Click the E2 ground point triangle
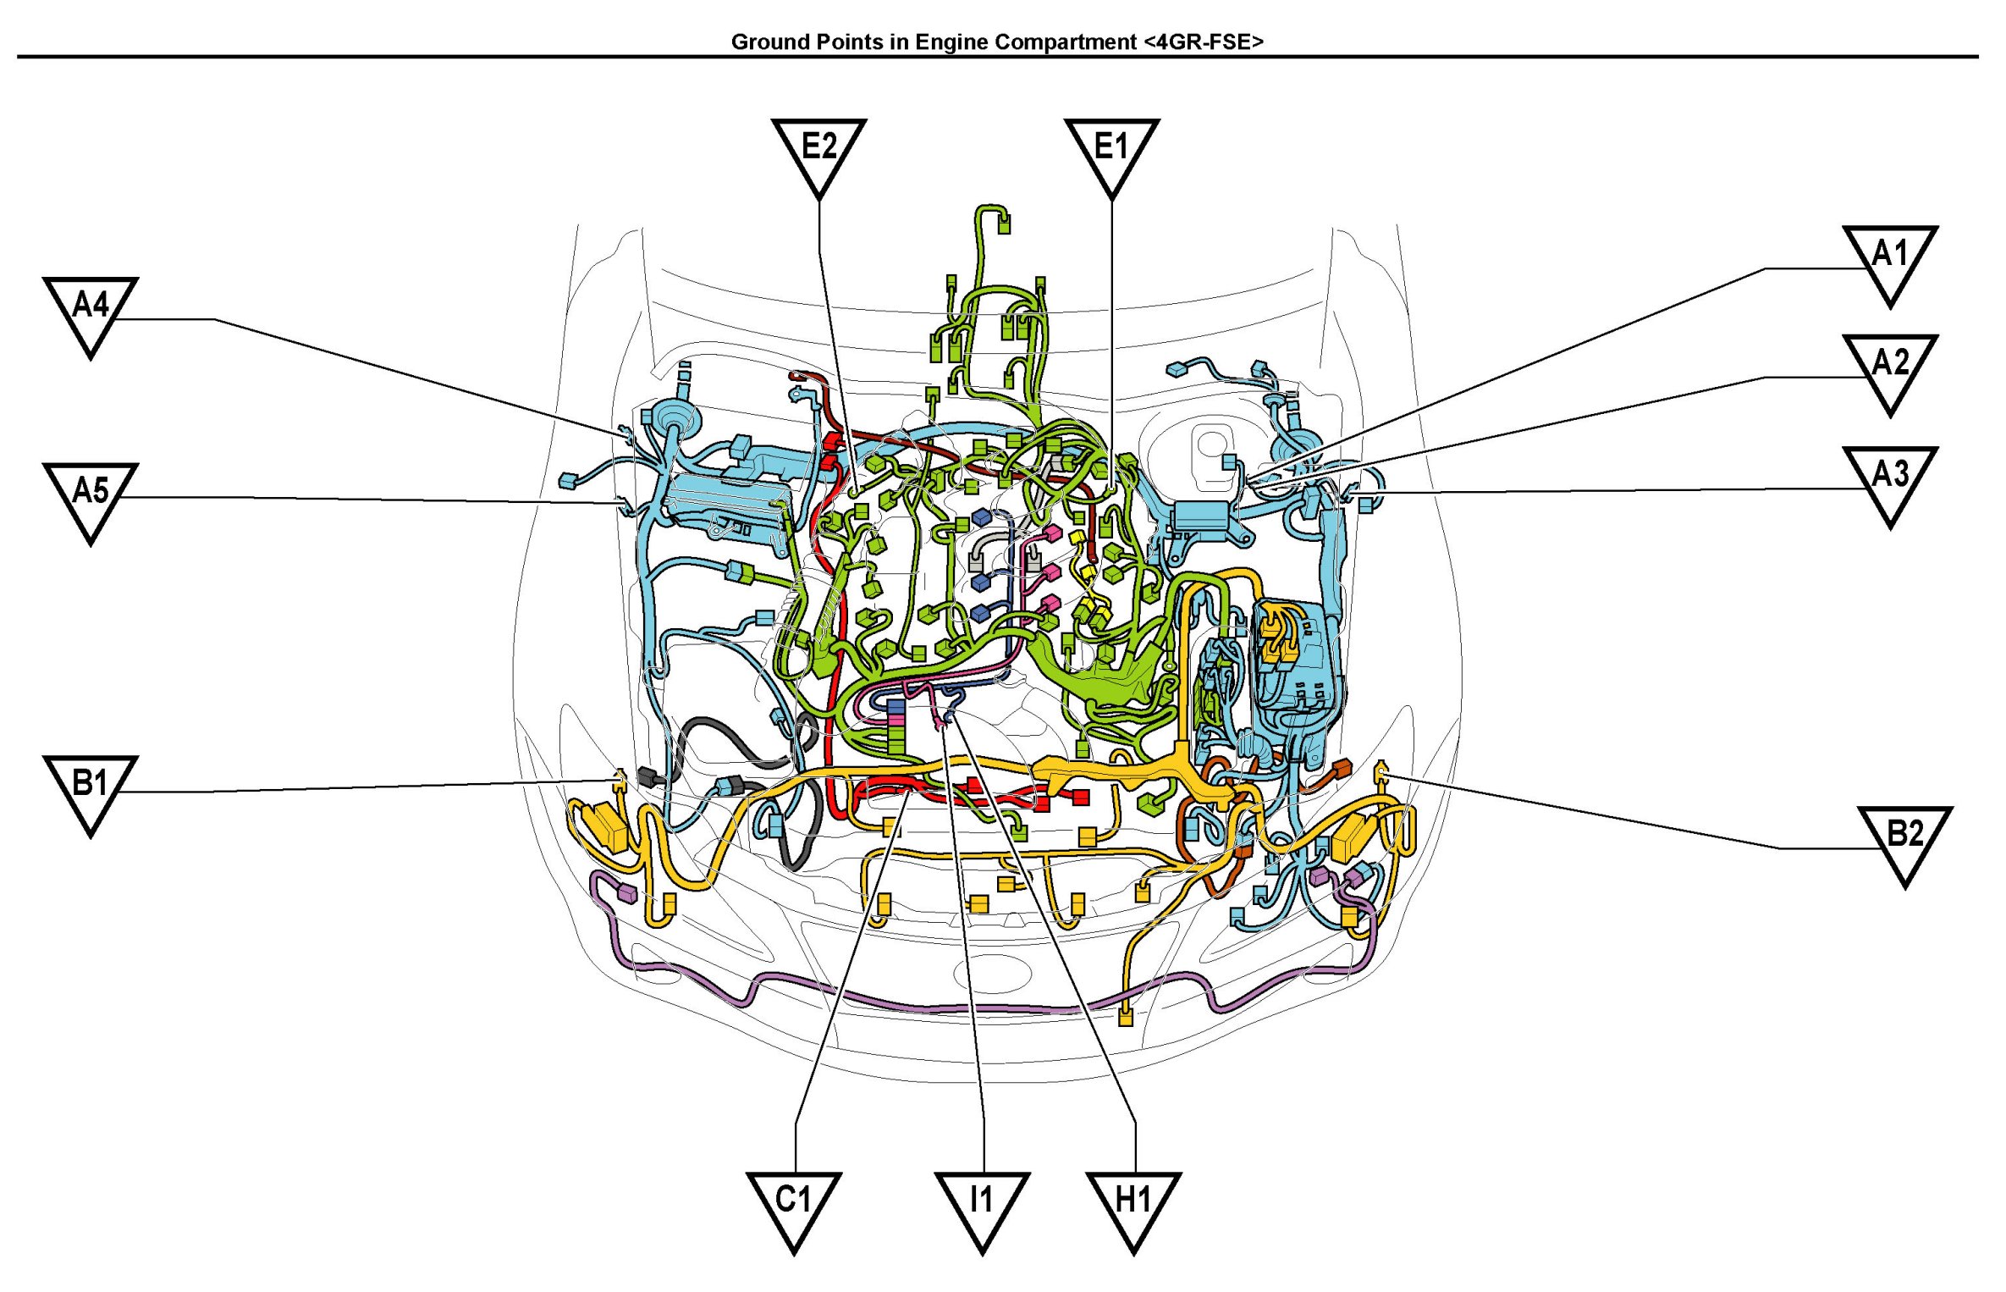click(818, 154)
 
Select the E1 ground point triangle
click(1111, 154)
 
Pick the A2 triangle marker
click(1890, 370)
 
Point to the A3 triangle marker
click(1890, 482)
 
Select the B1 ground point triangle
click(91, 791)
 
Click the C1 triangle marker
click(794, 1207)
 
